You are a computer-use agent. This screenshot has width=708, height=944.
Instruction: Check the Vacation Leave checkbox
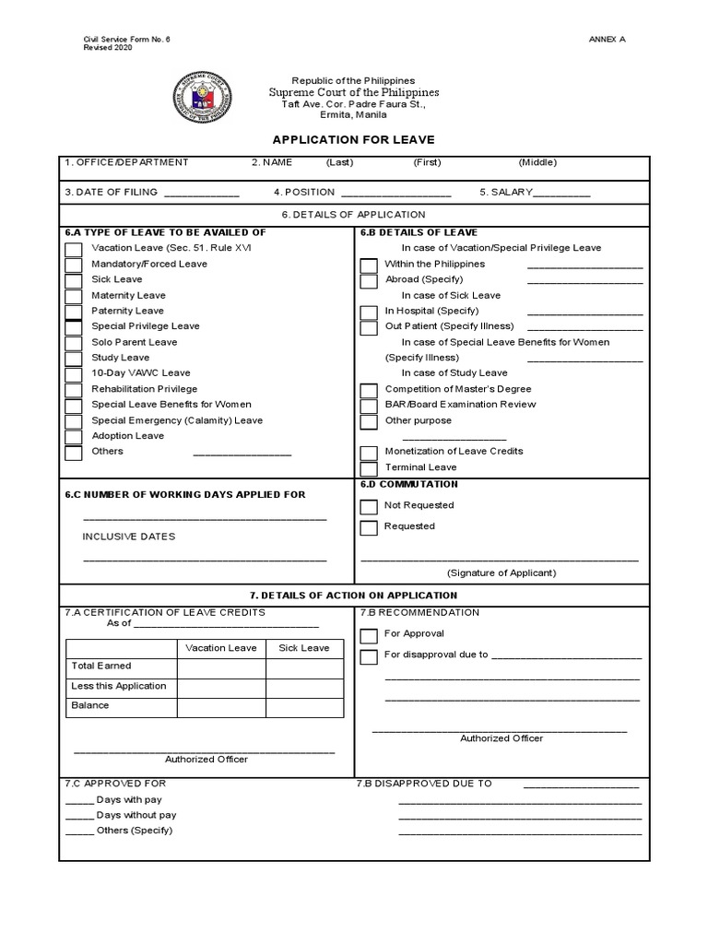(74, 249)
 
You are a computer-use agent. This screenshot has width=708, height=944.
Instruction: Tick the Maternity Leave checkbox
(74, 296)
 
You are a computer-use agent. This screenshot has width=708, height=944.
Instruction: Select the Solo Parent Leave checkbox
(74, 343)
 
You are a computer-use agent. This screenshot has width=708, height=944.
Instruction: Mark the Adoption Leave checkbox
(74, 437)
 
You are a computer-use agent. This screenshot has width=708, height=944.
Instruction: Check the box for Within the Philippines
(369, 265)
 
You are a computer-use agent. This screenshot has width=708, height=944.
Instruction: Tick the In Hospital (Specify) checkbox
(369, 312)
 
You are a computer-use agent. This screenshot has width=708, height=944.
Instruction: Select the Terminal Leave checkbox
(369, 468)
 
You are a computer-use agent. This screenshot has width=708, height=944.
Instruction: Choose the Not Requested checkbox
(369, 506)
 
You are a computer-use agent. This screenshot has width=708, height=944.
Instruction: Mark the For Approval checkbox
(369, 635)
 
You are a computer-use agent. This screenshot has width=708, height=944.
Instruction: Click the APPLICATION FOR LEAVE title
(353, 140)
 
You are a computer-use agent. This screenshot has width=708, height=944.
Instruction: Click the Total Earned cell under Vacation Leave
(221, 667)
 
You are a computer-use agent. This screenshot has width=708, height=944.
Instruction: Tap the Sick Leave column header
(303, 648)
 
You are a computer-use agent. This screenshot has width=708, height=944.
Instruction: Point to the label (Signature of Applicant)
(501, 572)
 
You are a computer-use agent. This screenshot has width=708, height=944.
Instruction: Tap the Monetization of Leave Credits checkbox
(369, 453)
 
